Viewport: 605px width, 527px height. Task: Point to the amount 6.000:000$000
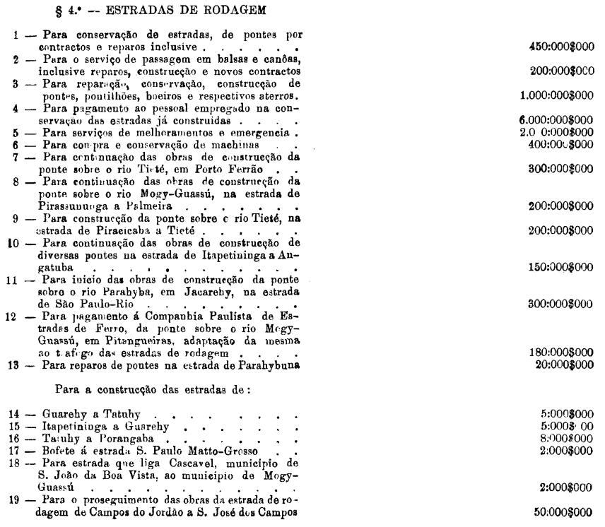(555, 122)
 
